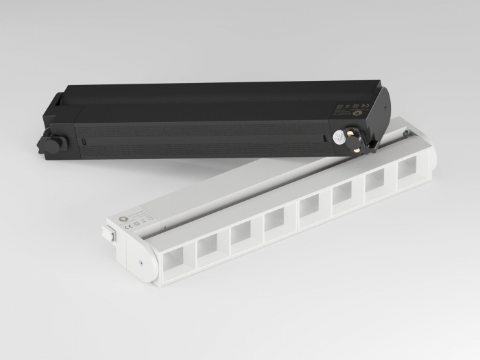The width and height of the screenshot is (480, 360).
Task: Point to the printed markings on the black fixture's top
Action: click(x=350, y=108)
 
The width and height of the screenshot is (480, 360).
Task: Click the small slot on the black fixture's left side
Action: click(x=84, y=140)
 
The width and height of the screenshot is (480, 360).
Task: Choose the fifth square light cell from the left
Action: click(x=309, y=206)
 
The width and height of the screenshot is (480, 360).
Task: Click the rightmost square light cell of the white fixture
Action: click(x=407, y=169)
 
